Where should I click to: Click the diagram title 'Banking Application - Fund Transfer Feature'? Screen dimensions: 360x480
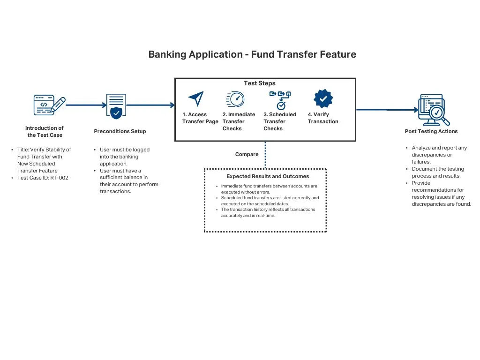pyautogui.click(x=252, y=54)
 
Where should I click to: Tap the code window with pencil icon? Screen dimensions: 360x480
pyautogui.click(x=49, y=105)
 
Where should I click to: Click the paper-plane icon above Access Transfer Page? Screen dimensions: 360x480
pyautogui.click(x=196, y=99)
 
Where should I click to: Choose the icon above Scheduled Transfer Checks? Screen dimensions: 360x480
pyautogui.click(x=280, y=100)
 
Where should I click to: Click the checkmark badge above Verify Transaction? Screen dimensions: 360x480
pyautogui.click(x=323, y=99)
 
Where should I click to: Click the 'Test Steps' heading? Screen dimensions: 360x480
pyautogui.click(x=260, y=83)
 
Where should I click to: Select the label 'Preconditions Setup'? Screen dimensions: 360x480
pyautogui.click(x=120, y=131)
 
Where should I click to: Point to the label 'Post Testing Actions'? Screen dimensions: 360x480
pyautogui.click(x=431, y=131)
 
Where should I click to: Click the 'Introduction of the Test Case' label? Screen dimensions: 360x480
pyautogui.click(x=45, y=131)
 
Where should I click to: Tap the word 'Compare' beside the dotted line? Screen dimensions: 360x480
pyautogui.click(x=247, y=154)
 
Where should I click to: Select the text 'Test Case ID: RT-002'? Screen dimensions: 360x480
pyautogui.click(x=43, y=178)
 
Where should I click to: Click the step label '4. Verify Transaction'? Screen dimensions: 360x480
pyautogui.click(x=322, y=118)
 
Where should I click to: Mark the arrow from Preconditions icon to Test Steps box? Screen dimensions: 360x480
pyautogui.click(x=150, y=105)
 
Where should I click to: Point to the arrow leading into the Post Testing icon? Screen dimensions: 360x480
pyautogui.click(x=387, y=110)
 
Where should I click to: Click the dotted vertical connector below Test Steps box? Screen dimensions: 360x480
pyautogui.click(x=265, y=155)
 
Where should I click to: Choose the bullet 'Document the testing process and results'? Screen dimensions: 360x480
pyautogui.click(x=438, y=172)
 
